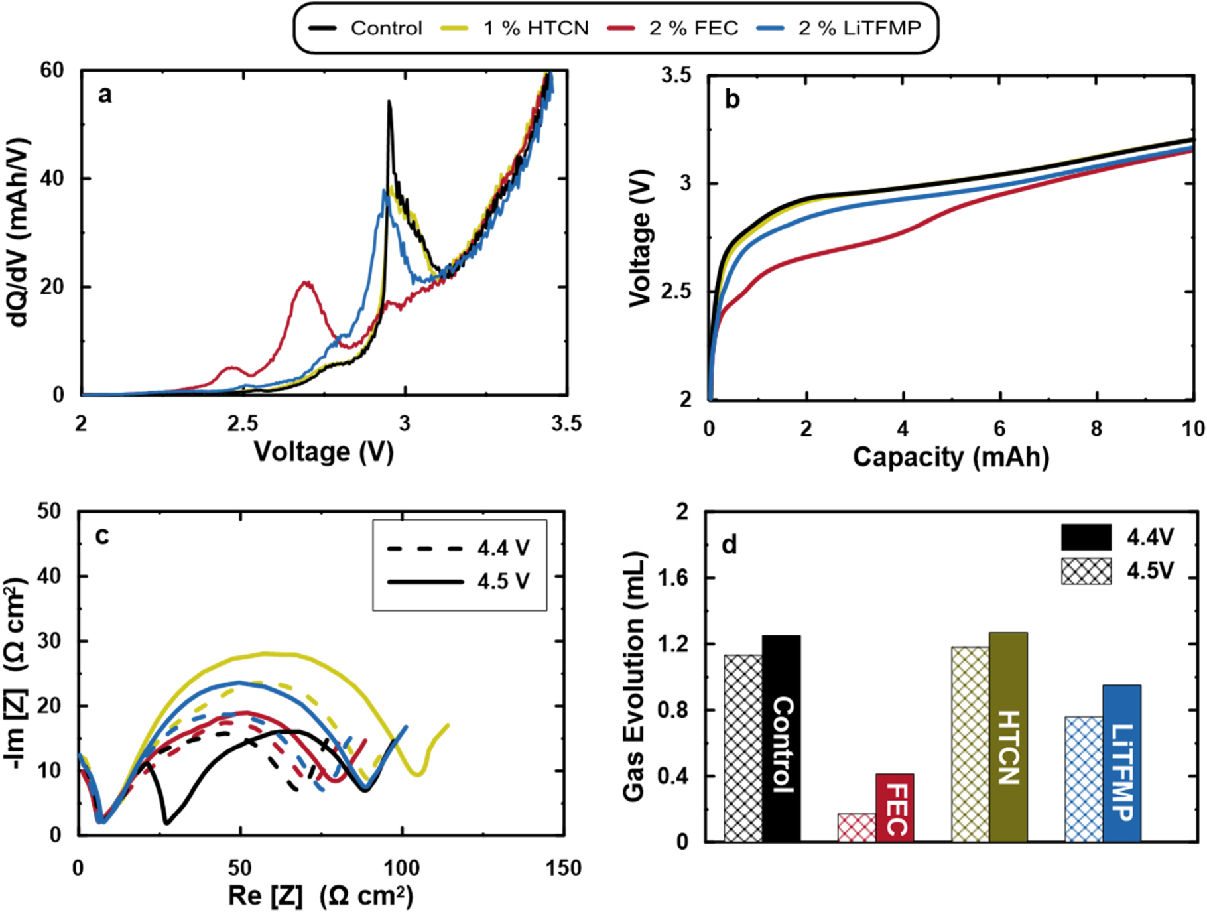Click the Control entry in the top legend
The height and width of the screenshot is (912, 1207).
click(385, 28)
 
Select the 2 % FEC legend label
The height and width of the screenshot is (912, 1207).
click(693, 28)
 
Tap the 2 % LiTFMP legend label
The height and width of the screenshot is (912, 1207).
click(859, 28)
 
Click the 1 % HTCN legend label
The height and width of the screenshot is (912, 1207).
click(535, 28)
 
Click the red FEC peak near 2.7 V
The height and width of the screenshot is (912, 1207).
click(306, 283)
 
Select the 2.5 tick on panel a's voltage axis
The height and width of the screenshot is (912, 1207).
click(243, 424)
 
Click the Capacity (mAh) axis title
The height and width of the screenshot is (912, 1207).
click(950, 457)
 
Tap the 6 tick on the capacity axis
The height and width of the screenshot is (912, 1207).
click(999, 429)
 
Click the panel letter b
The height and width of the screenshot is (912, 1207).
click(732, 99)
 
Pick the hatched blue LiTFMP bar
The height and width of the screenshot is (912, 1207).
click(1084, 779)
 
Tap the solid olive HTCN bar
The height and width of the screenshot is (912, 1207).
click(1008, 737)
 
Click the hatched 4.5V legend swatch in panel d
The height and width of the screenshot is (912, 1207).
click(1086, 571)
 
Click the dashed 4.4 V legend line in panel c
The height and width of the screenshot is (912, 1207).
click(424, 549)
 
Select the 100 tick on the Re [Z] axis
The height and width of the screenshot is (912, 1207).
click(402, 868)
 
